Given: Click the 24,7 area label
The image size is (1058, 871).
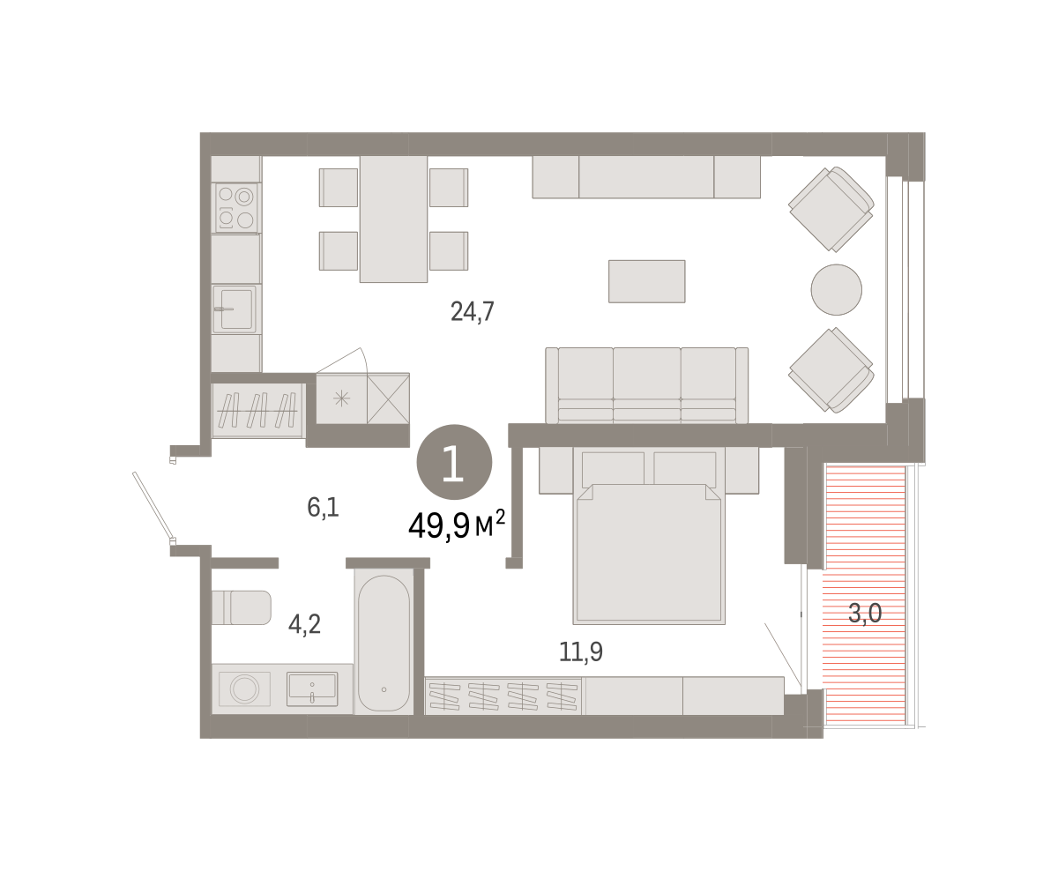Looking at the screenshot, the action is [x=472, y=311].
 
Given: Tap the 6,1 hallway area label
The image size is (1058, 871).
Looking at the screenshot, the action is [x=323, y=507].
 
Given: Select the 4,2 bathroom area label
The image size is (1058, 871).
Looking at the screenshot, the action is [x=304, y=625].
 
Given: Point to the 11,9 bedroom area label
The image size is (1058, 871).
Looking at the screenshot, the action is [x=580, y=651].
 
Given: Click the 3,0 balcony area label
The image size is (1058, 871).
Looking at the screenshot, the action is [x=865, y=613].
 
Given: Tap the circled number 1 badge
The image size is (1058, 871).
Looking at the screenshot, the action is [x=454, y=462].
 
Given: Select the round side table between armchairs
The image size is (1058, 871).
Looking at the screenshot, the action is [x=837, y=289].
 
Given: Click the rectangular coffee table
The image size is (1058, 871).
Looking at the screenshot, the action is [x=646, y=281].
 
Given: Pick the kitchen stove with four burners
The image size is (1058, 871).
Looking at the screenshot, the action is [x=236, y=208].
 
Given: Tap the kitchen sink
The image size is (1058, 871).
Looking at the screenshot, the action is [x=235, y=309].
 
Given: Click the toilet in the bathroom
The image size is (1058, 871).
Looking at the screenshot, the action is [x=241, y=607].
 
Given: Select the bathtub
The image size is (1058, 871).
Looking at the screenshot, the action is [x=384, y=642].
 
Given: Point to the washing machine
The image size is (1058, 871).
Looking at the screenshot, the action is [x=244, y=689].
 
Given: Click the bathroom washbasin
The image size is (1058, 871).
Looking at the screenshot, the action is [x=312, y=689].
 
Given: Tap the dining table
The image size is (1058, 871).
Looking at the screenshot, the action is [x=393, y=220].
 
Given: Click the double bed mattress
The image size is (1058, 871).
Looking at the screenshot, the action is [x=649, y=554].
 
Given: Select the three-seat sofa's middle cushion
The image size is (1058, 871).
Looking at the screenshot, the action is [x=646, y=384].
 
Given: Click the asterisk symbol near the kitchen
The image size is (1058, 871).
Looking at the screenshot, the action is [x=341, y=398].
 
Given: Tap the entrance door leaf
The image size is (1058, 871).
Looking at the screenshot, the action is [x=153, y=506].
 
